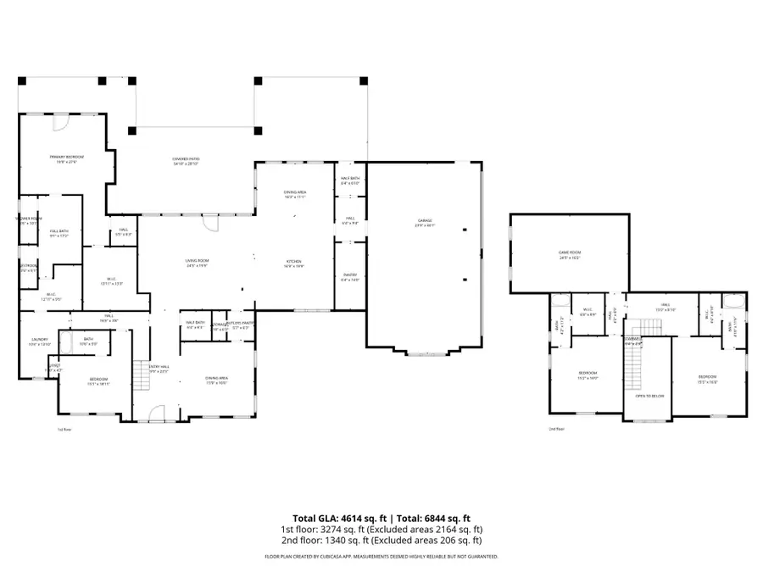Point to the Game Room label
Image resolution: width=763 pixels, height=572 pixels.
pyautogui.click(x=569, y=254)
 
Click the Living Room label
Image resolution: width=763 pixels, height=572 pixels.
pyautogui.click(x=197, y=264)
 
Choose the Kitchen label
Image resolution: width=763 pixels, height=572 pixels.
pyautogui.click(x=294, y=264)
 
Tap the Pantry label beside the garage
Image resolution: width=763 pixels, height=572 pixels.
pyautogui.click(x=350, y=277)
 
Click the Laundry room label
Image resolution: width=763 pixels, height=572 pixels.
pyautogui.click(x=41, y=342)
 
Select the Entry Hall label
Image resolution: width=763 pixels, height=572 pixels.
pyautogui.click(x=159, y=369)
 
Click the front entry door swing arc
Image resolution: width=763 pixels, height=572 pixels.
pyautogui.click(x=156, y=413)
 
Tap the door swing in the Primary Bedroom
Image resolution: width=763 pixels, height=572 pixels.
pyautogui.click(x=60, y=124)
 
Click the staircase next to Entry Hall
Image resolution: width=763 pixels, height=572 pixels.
pyautogui.click(x=140, y=375)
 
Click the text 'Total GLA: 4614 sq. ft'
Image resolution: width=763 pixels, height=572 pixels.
pyautogui.click(x=335, y=518)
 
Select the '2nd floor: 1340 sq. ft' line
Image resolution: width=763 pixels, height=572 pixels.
pyautogui.click(x=381, y=540)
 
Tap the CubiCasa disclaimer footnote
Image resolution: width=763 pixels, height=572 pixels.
pyautogui.click(x=381, y=557)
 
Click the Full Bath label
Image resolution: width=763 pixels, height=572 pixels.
pyautogui.click(x=58, y=233)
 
